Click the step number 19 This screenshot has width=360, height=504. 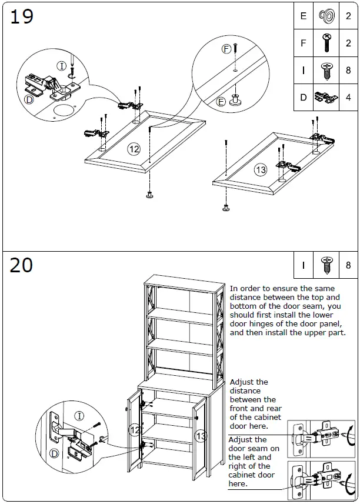(x=22, y=17)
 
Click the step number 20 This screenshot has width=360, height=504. (x=22, y=266)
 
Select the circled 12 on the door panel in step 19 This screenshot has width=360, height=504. (x=134, y=149)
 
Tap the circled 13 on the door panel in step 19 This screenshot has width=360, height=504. (x=261, y=170)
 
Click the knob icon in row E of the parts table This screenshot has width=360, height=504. (x=325, y=16)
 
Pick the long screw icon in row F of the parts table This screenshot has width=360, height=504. (x=325, y=43)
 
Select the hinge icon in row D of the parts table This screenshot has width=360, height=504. (x=325, y=97)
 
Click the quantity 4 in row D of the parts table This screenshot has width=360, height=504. (x=348, y=98)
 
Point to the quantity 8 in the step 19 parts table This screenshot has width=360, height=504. (x=348, y=71)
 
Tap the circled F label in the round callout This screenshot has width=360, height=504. (x=226, y=49)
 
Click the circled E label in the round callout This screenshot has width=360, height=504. (x=221, y=101)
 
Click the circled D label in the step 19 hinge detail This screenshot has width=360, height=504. (x=29, y=99)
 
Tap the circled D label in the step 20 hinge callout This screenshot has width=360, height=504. (x=54, y=453)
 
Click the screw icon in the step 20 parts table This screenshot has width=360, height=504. (x=325, y=265)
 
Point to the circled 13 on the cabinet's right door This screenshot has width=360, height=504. (x=201, y=436)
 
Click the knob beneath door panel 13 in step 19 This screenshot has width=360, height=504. (x=226, y=207)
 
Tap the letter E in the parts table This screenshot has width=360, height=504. (x=304, y=16)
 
